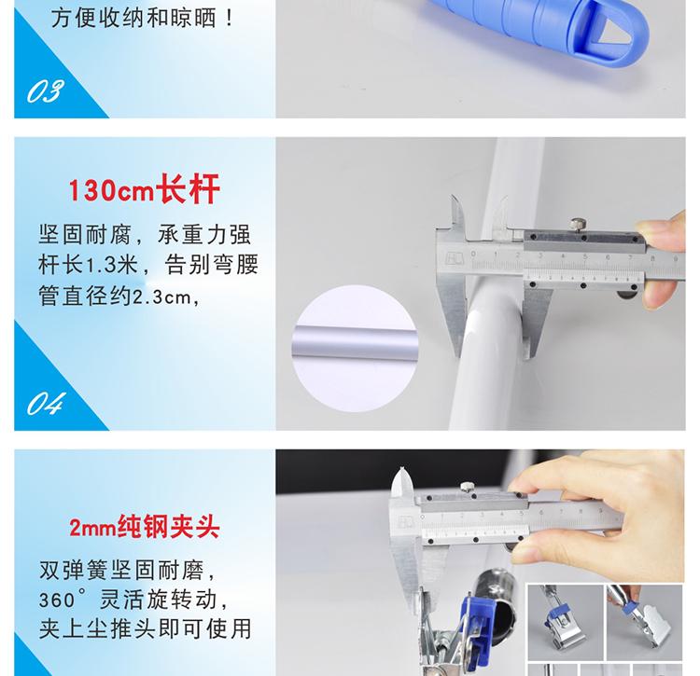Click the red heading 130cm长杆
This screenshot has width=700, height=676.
(144, 189)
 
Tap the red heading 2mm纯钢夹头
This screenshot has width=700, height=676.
(144, 528)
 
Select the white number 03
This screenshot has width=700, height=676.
(45, 91)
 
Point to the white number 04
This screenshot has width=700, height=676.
(46, 404)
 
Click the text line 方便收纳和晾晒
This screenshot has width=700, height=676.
(142, 19)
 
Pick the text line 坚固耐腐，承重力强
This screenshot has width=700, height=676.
(145, 235)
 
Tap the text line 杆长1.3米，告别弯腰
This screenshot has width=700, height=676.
(148, 265)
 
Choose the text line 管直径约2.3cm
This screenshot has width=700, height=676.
(119, 297)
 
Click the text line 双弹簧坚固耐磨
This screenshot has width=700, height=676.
(127, 571)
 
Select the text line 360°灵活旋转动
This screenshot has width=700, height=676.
(133, 600)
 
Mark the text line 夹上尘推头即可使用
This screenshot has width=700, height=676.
(145, 628)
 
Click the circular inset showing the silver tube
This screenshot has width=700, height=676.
(355, 348)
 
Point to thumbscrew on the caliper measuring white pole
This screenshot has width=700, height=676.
(577, 225)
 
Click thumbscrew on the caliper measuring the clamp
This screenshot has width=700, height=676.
(467, 488)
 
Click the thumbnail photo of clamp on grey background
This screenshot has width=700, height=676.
(566, 622)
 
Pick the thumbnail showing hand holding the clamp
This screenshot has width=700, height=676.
(644, 622)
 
